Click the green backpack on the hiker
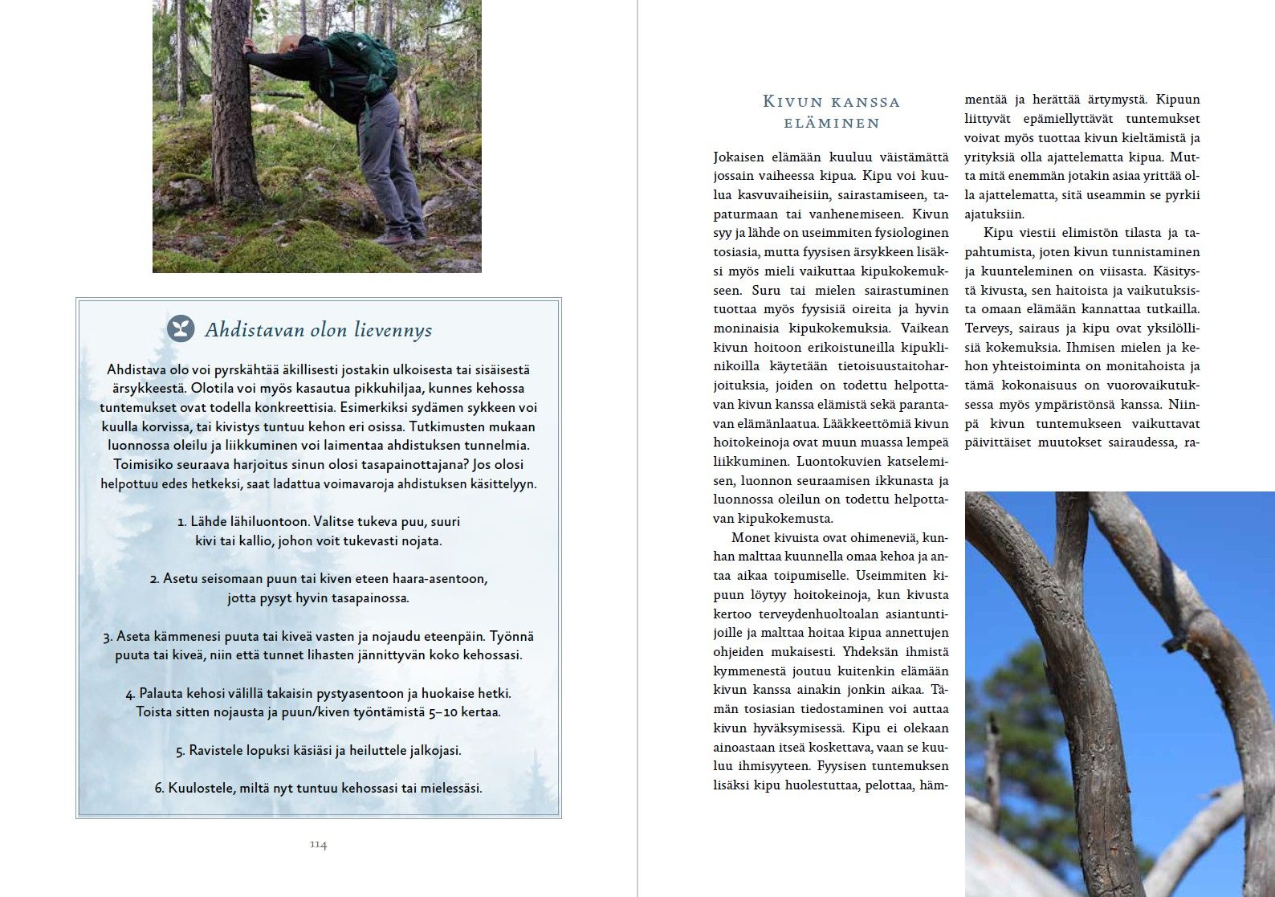pos(365,64)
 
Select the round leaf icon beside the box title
pos(181,329)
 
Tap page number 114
pos(318,845)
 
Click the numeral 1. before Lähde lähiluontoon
pos(181,522)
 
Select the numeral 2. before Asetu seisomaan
pos(154,579)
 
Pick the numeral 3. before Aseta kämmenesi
pos(108,637)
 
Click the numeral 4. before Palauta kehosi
pos(130,694)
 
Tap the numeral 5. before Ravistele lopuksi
pos(180,751)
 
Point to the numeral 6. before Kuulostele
pos(159,789)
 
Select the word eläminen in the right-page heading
pos(831,123)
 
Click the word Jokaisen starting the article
pos(739,157)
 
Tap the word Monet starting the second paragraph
pos(749,537)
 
